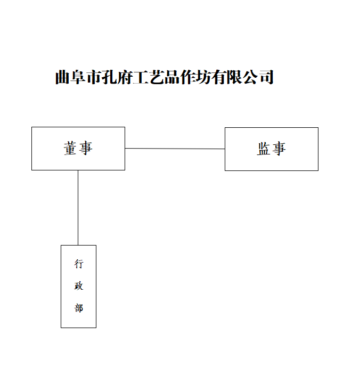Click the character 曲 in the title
pyautogui.click(x=63, y=77)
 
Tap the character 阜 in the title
pyautogui.click(x=79, y=77)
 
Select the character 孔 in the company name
pyautogui.click(x=110, y=77)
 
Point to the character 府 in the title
pyautogui.click(x=126, y=77)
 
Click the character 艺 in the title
pyautogui.click(x=157, y=77)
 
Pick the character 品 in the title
pyautogui.click(x=173, y=77)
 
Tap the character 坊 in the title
pyautogui.click(x=203, y=77)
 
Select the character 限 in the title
pyautogui.click(x=234, y=77)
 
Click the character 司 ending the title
pyautogui.click(x=266, y=77)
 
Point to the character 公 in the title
pyautogui.click(x=250, y=77)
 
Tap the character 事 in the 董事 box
pyautogui.click(x=86, y=149)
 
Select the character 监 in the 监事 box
pyautogui.click(x=264, y=149)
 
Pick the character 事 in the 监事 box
pyautogui.click(x=279, y=149)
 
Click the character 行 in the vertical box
pyautogui.click(x=79, y=264)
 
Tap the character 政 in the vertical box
pyautogui.click(x=79, y=286)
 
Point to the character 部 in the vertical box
pyautogui.click(x=79, y=308)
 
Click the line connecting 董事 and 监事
pyautogui.click(x=175, y=149)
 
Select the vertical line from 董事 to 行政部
pyautogui.click(x=78, y=208)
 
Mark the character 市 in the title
pyautogui.click(x=94, y=77)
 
